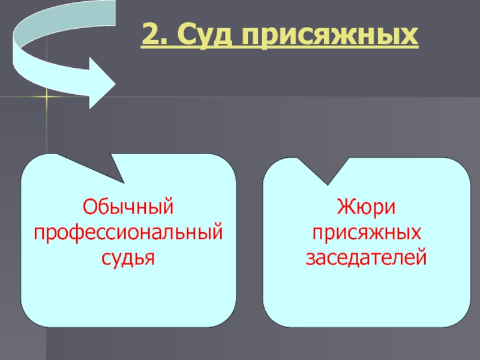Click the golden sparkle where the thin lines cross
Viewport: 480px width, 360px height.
(x=46, y=97)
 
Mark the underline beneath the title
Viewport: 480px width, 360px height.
(x=279, y=48)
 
